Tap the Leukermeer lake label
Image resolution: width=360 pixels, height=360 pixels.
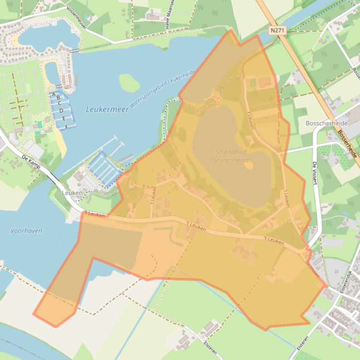pos(101,109)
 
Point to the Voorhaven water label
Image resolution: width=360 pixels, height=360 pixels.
pos(26,230)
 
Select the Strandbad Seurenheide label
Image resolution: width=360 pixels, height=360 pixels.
pos(231,155)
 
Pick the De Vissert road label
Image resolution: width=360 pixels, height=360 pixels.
pos(315,174)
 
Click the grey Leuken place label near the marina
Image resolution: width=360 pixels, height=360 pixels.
pos(72,193)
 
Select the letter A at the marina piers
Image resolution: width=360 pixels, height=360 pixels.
pos(54,94)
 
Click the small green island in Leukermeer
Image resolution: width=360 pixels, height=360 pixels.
pos(129,83)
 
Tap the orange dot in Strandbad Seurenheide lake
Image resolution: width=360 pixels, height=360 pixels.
pos(249,165)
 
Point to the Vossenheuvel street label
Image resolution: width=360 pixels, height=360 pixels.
pos(76,18)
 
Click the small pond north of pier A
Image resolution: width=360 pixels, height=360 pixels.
pos(51,72)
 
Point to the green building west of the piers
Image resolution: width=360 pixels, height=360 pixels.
pos(40,124)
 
